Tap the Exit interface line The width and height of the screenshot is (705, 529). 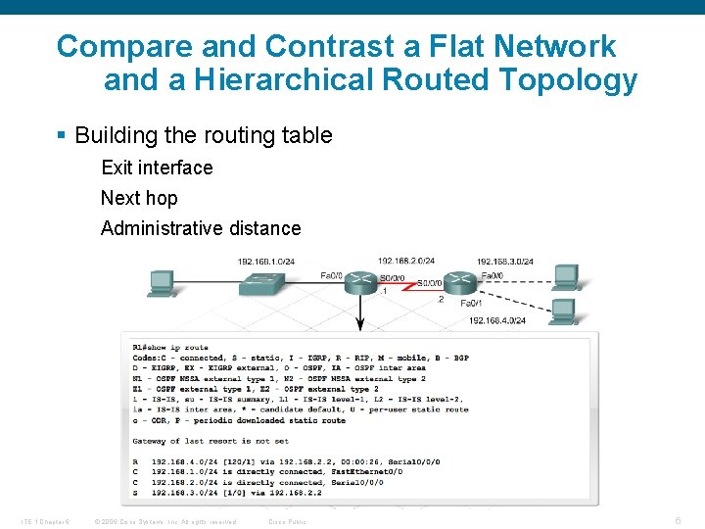click(x=157, y=168)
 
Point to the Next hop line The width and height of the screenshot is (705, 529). click(x=139, y=198)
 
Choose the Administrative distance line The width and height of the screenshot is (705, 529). click(x=201, y=228)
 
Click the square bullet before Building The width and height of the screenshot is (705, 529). click(x=63, y=135)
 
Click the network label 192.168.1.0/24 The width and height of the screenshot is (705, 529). click(x=265, y=262)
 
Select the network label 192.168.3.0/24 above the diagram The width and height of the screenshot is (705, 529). click(x=504, y=262)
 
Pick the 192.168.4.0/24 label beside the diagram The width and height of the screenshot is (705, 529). click(x=497, y=320)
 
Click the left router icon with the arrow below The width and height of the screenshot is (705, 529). click(x=360, y=280)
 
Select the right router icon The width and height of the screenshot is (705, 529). click(x=461, y=281)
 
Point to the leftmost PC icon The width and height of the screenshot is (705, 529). click(x=162, y=283)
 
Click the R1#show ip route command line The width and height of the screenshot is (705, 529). click(x=170, y=347)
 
